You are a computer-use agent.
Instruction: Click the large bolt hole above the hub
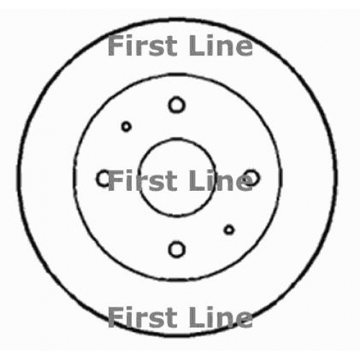click(x=177, y=105)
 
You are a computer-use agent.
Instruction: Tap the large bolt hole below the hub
click(x=177, y=250)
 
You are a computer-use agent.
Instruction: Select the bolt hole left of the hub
click(x=104, y=179)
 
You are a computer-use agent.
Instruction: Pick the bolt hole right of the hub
click(x=251, y=178)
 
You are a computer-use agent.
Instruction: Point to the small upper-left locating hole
click(x=127, y=127)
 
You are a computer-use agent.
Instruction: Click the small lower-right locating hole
click(x=229, y=230)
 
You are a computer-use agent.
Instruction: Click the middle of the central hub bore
click(x=177, y=178)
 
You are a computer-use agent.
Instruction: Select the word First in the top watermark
click(x=143, y=45)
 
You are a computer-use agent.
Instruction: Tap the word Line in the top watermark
click(x=221, y=45)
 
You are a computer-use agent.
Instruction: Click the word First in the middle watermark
click(x=143, y=181)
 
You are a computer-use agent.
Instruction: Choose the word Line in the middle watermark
click(x=221, y=181)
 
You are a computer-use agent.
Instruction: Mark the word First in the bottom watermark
click(x=143, y=318)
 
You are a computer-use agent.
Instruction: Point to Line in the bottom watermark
click(x=221, y=318)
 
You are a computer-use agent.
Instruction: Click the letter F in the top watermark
click(x=116, y=45)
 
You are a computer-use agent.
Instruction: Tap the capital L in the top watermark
click(x=197, y=45)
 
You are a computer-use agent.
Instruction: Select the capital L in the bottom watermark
click(x=197, y=318)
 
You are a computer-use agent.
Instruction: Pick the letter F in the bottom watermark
click(x=116, y=318)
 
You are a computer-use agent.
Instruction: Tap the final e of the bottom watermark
click(x=244, y=320)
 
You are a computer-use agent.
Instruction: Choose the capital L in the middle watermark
click(x=197, y=181)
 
